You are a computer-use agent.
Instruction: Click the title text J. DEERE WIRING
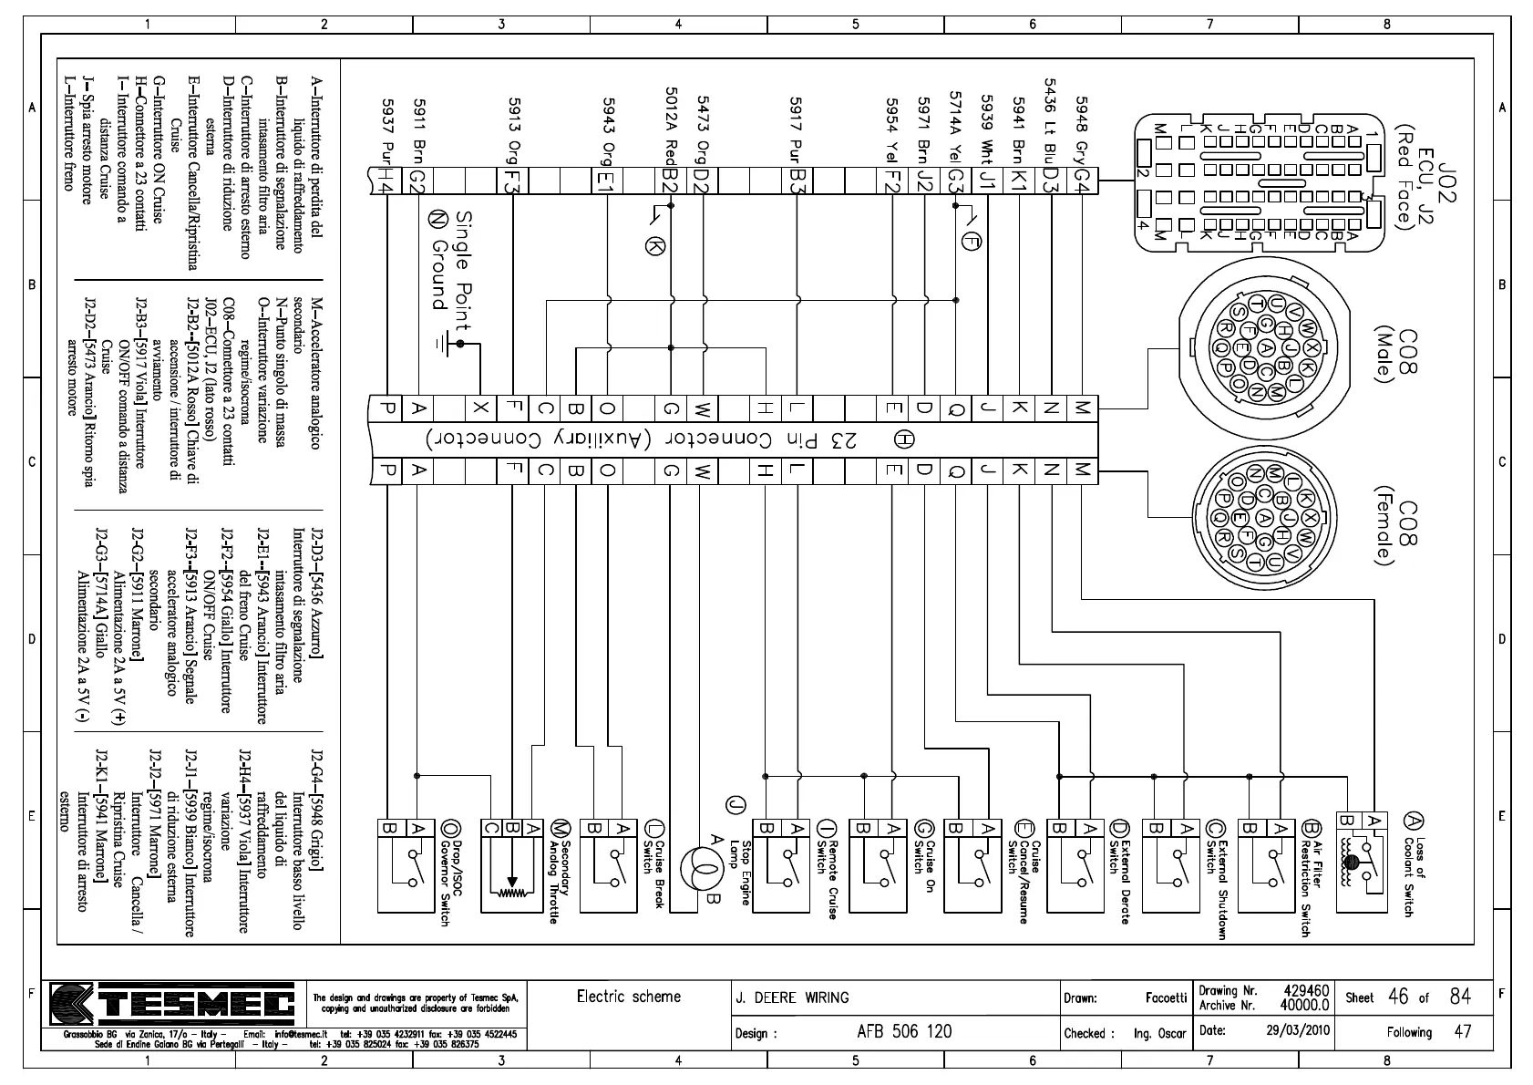[792, 997]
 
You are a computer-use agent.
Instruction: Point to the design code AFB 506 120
[903, 1031]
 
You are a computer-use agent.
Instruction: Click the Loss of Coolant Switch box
[1362, 861]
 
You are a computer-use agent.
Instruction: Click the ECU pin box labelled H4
[386, 181]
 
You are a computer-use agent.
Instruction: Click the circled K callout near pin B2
[653, 244]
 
